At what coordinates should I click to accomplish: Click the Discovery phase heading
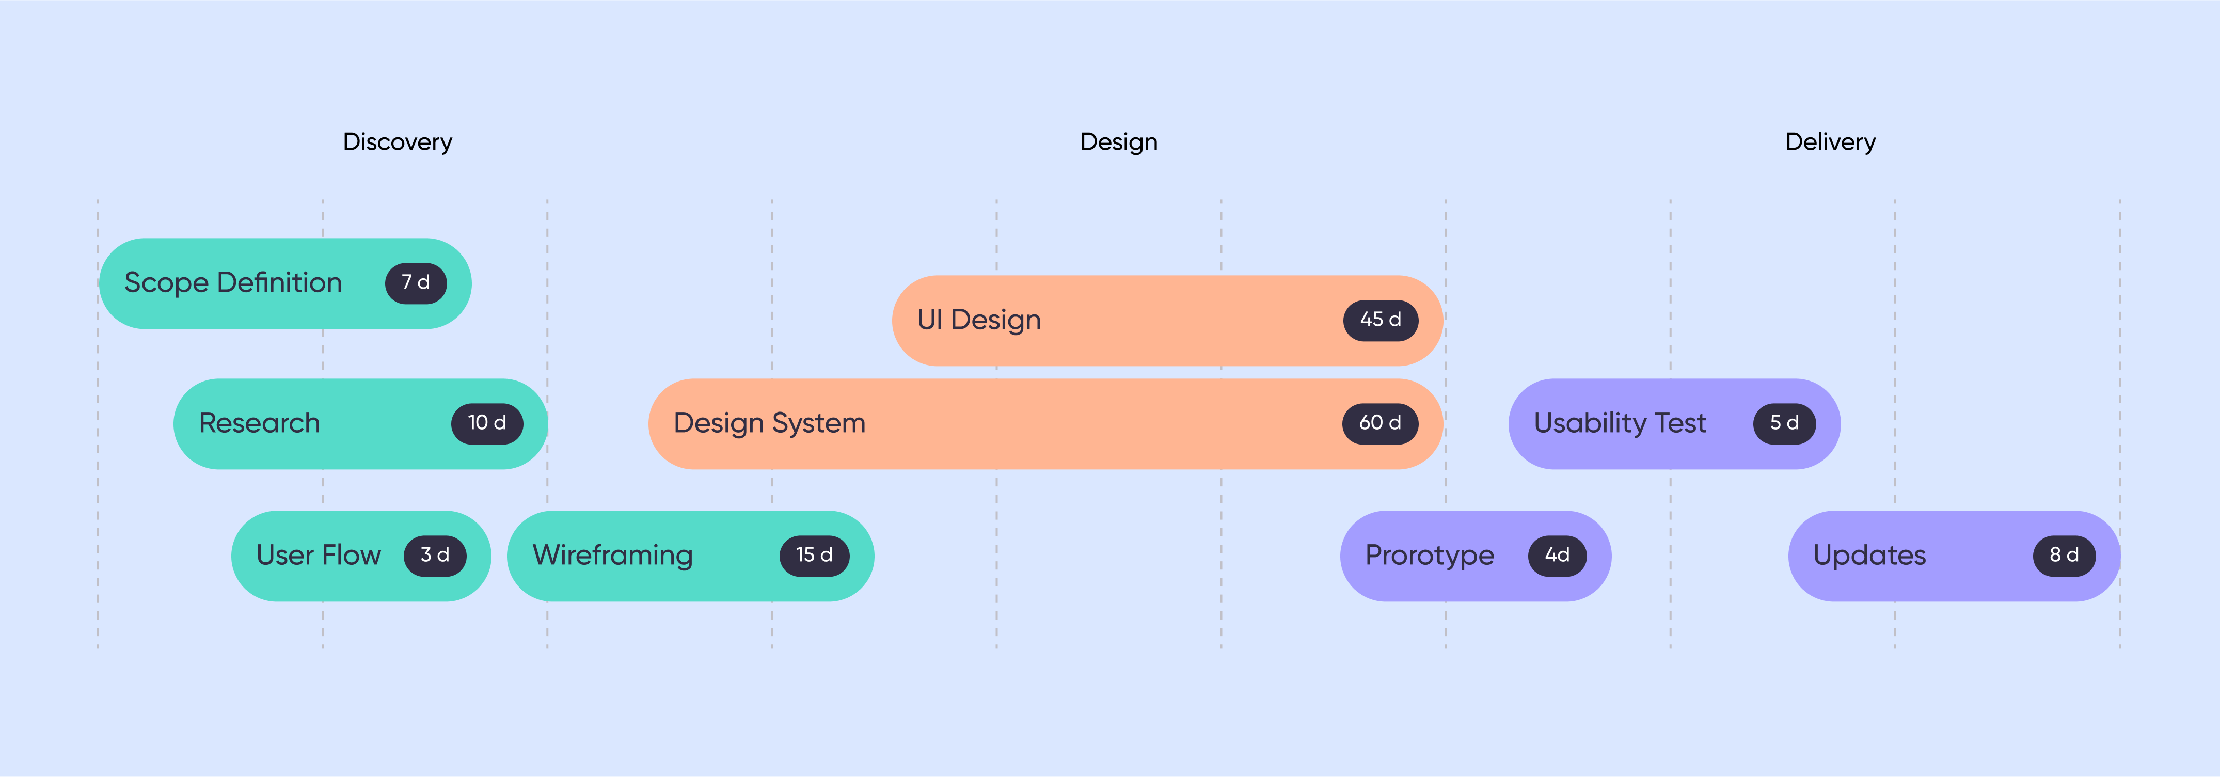coord(398,142)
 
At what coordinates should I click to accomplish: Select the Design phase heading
coord(1119,142)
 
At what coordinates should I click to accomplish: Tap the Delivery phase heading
coord(1830,142)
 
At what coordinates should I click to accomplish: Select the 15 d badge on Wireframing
coord(814,556)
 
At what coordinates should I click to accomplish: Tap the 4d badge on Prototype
coord(1557,556)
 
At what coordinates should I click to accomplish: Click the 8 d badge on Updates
coord(2064,556)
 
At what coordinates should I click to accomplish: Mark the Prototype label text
coord(1429,556)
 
